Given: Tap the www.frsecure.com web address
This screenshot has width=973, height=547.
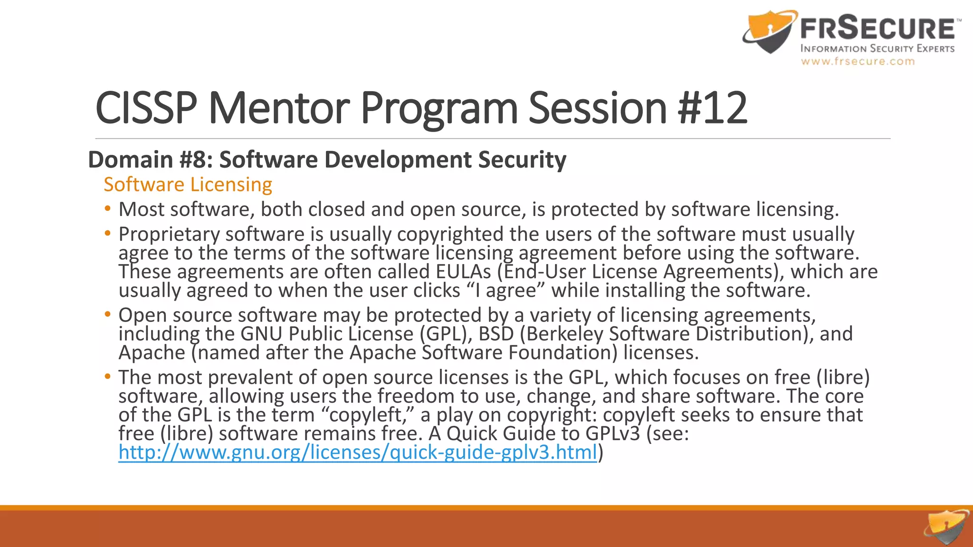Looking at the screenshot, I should tap(858, 61).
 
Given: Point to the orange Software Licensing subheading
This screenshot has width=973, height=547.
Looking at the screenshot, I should tap(188, 184).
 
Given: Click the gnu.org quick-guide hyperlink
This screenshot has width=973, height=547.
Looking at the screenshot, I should tap(357, 452).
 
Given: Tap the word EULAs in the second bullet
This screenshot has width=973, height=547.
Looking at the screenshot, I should tap(463, 272).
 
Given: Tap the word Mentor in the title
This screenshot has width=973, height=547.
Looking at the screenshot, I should tap(279, 108).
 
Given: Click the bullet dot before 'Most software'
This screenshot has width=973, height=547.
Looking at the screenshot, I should tap(108, 209).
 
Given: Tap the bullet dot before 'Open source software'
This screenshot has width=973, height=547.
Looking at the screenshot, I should tap(108, 314).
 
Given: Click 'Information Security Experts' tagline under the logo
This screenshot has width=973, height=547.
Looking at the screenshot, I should tap(878, 48).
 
